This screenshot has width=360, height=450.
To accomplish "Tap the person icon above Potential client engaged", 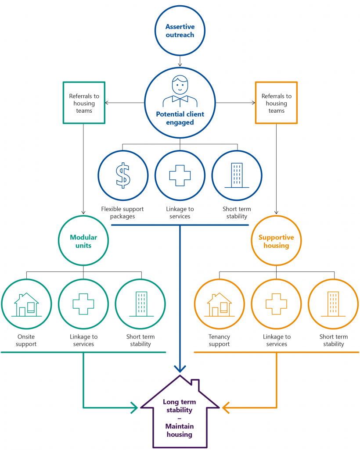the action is tap(180, 91).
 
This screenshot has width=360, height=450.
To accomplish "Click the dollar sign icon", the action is tap(123, 175).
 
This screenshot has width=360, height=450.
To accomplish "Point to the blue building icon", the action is tap(237, 175).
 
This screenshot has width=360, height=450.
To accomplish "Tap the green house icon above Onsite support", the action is tap(26, 305).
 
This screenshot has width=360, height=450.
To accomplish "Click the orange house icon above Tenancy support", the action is tap(220, 305).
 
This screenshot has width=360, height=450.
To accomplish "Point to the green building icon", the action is tap(141, 304).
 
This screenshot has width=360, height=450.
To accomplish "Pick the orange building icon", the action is tap(333, 304).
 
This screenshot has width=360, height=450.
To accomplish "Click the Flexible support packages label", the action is tap(122, 213).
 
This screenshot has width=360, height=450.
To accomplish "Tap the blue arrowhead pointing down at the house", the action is tap(180, 368).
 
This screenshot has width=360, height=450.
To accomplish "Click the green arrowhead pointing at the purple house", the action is tap(134, 407).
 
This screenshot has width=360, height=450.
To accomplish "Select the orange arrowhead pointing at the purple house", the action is tap(226, 407).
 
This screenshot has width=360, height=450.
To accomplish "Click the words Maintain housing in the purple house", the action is tap(180, 430).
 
